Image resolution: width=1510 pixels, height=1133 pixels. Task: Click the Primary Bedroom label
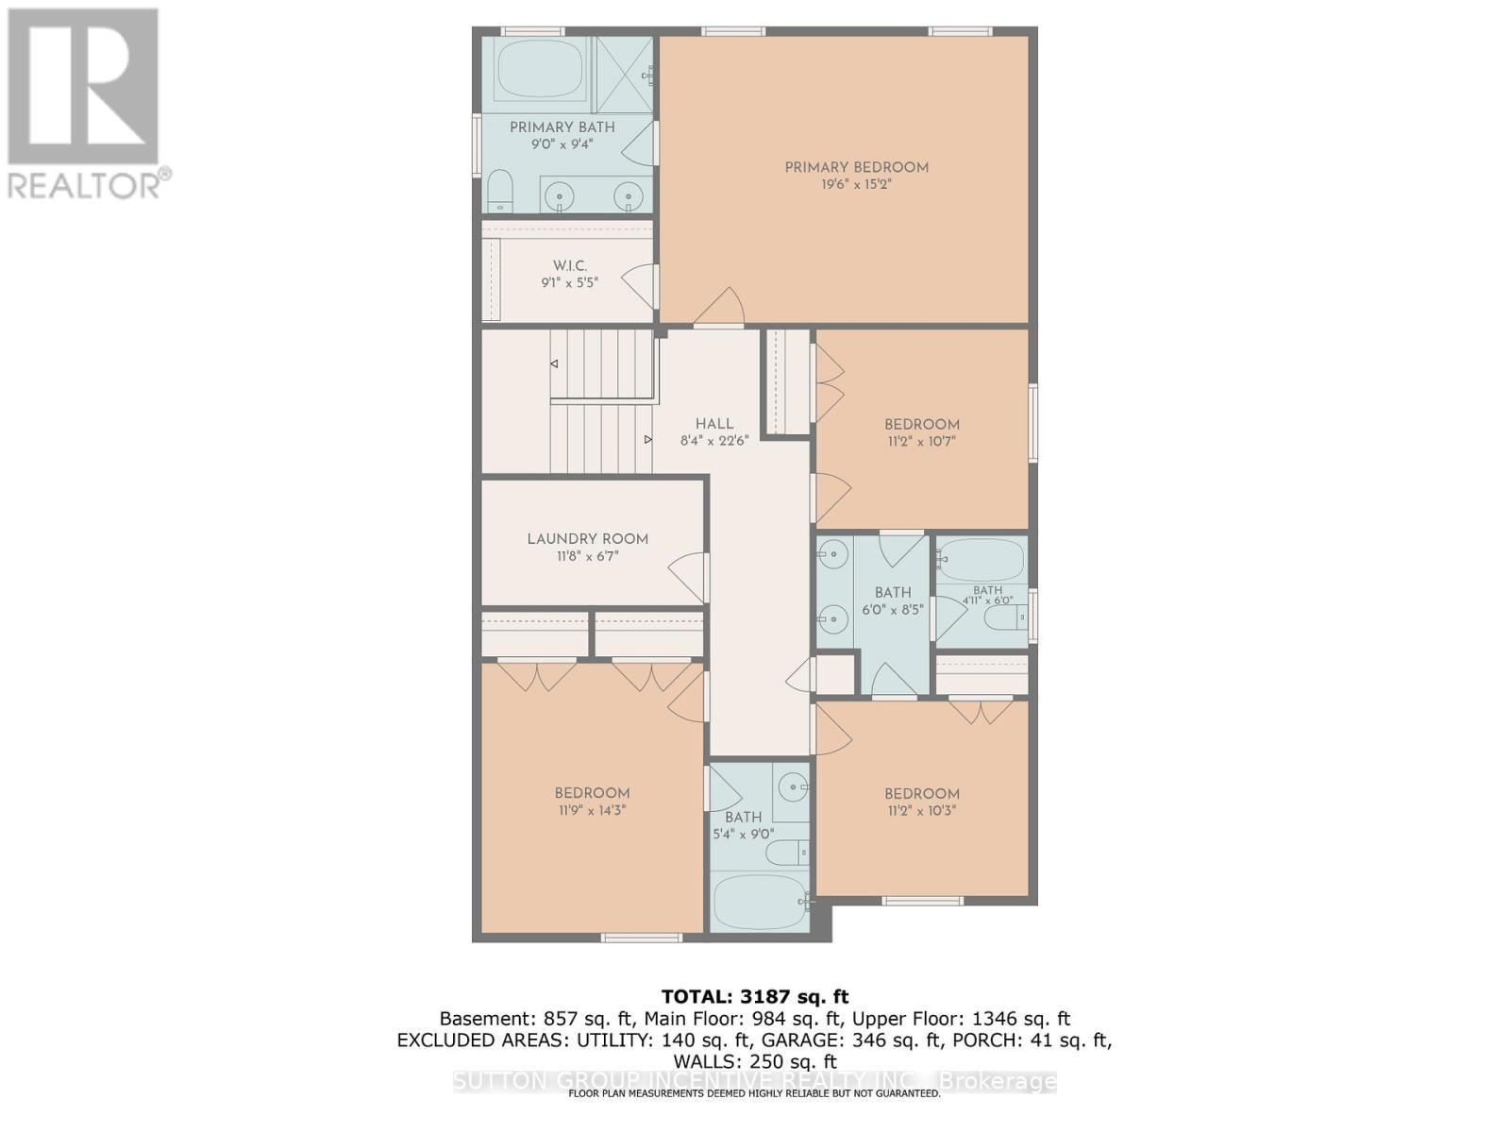tap(856, 168)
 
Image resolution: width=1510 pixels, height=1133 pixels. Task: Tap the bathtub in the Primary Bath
tap(540, 68)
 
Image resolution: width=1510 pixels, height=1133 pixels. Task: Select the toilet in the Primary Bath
tap(499, 192)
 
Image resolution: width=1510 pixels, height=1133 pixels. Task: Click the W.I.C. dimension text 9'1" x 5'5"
tap(569, 282)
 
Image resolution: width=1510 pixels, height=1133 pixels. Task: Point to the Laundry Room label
tap(587, 539)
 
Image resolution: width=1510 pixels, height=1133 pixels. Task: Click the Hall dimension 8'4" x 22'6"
tap(713, 441)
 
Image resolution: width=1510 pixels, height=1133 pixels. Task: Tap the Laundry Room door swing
tap(689, 577)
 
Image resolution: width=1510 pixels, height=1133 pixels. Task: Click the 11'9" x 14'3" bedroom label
tap(592, 793)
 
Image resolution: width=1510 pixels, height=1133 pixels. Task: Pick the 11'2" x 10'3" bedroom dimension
tap(921, 811)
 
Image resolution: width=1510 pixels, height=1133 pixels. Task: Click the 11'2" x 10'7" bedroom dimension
tap(921, 441)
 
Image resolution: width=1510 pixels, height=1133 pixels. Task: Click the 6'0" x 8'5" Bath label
tap(892, 593)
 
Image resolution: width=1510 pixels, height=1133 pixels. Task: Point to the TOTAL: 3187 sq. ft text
tap(754, 996)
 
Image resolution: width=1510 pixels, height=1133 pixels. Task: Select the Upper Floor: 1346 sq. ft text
tap(961, 1019)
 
